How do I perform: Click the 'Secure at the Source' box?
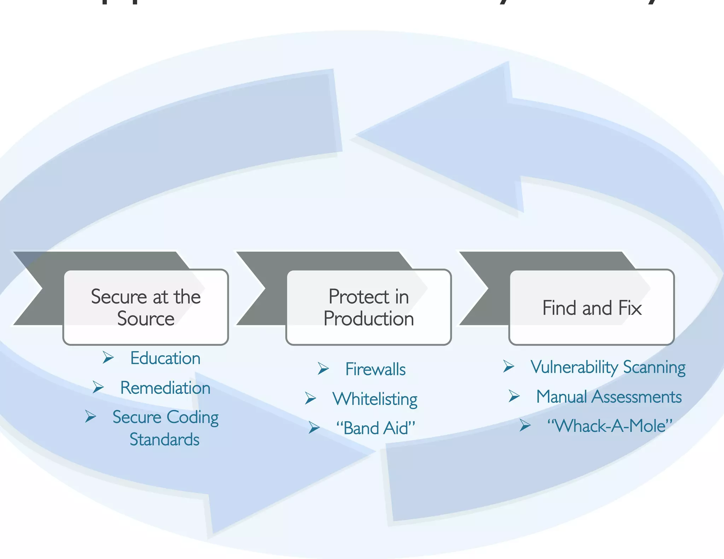pos(146,307)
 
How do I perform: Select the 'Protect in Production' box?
pos(369,307)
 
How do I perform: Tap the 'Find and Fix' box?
pos(591,307)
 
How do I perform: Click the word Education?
pos(165,358)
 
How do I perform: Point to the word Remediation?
pos(165,388)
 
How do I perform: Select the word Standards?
pos(164,440)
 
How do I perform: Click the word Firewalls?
pos(375,369)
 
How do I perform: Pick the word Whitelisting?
pos(375,399)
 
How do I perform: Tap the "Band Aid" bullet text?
pos(375,428)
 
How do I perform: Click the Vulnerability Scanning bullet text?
pos(608,367)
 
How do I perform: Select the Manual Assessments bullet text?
pos(609,396)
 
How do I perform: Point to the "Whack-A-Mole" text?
pos(609,426)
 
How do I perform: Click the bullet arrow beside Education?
pos(108,357)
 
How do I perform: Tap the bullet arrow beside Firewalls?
pos(323,369)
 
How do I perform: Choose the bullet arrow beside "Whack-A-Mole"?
pos(525,425)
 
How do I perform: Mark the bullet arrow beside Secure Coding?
pos(90,416)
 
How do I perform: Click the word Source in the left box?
pos(146,319)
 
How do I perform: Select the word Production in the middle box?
pos(369,319)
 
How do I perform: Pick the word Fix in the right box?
pos(630,308)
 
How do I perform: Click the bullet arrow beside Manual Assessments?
pos(514,396)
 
